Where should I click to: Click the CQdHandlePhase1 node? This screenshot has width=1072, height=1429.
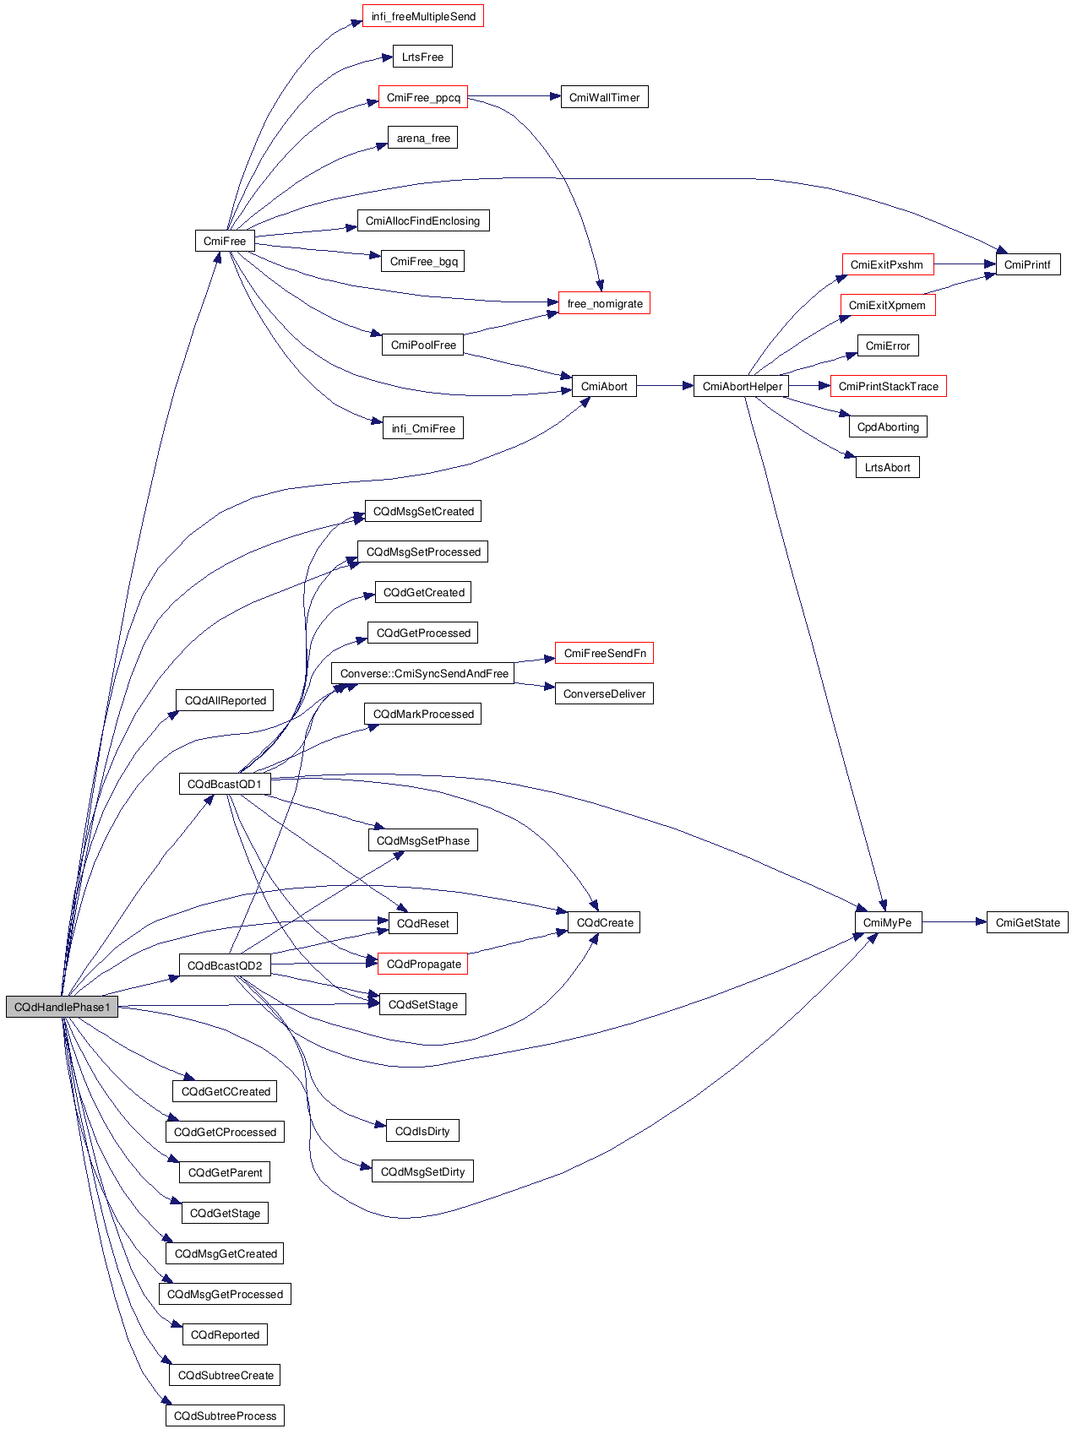click(62, 1007)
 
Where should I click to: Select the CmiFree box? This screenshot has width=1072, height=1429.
click(225, 241)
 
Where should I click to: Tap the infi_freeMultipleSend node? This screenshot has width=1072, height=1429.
click(423, 16)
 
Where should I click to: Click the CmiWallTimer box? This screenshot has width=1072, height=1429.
click(604, 97)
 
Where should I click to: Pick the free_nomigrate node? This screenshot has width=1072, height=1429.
click(604, 303)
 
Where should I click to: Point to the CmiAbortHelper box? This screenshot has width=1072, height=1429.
click(742, 386)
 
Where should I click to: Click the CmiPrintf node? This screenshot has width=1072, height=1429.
click(1027, 264)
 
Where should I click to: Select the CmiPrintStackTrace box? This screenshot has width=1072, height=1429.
click(888, 386)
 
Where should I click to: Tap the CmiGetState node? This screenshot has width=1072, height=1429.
click(1027, 922)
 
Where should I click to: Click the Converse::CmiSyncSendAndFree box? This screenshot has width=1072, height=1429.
click(423, 673)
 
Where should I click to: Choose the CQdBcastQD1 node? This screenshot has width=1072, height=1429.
click(225, 784)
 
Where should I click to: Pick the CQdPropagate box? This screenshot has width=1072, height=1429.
click(423, 964)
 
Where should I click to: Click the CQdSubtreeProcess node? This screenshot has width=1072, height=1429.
click(225, 1415)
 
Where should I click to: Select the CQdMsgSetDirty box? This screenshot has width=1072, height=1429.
click(422, 1171)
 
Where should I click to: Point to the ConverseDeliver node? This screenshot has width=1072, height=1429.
click(604, 693)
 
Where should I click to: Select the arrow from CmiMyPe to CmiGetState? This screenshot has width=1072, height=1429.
click(954, 922)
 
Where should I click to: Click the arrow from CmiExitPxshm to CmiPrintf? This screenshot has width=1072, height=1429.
click(965, 264)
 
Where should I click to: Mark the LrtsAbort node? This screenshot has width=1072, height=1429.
click(887, 467)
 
